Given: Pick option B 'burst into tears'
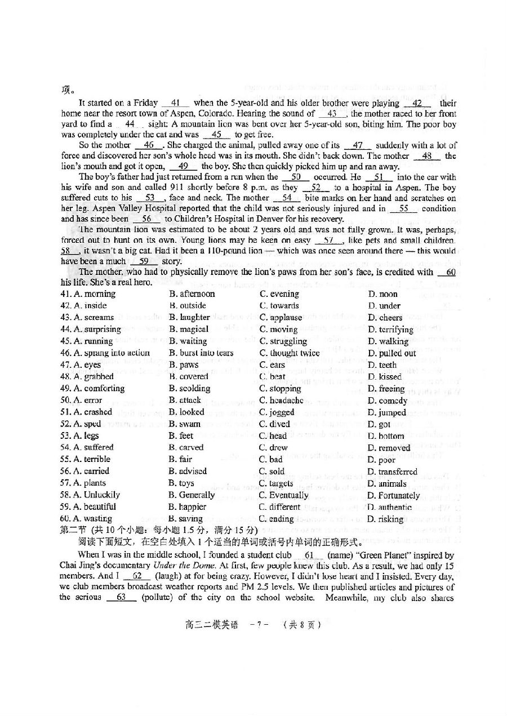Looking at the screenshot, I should tap(201, 353).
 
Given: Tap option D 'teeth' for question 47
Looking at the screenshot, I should tap(383, 365).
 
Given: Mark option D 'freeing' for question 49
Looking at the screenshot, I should tap(386, 389).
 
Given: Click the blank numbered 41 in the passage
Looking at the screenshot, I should tap(178, 103).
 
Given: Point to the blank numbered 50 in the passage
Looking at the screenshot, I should tap(296, 177).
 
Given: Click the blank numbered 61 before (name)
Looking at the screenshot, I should tap(309, 555).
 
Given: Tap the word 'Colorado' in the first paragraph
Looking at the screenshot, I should tap(217, 113).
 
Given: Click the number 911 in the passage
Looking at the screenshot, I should tap(176, 187).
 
